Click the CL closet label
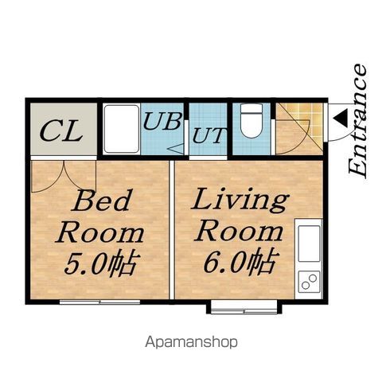tap(61, 131)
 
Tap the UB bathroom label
tap(163, 121)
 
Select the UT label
tap(209, 135)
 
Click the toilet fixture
tap(251, 120)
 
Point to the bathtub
tap(122, 129)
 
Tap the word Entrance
tap(358, 121)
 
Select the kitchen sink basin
tap(309, 244)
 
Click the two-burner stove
tap(309, 281)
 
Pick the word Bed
tap(102, 201)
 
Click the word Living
tap(240, 201)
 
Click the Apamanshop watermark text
tap(191, 342)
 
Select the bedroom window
tap(99, 302)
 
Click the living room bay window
tap(244, 307)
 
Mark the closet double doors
tap(64, 176)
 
